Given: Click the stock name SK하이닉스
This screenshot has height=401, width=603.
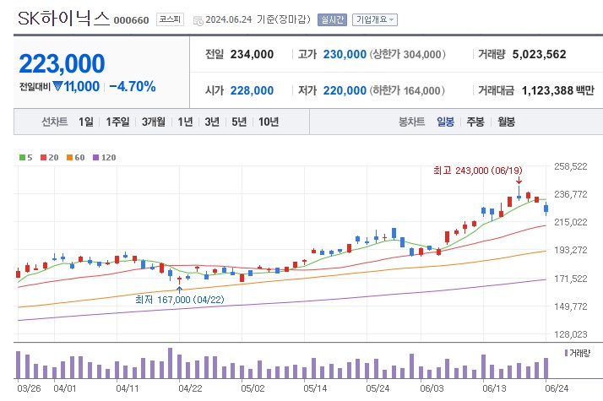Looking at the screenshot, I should click(x=62, y=18).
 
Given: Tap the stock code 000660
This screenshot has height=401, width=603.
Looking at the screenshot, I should click(x=131, y=20).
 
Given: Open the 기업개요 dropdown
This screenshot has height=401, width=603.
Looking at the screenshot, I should click(x=375, y=19).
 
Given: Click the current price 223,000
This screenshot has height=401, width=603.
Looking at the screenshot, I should click(x=62, y=63).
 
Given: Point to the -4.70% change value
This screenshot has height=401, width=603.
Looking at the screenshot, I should click(x=133, y=86).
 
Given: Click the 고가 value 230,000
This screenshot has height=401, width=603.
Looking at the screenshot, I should click(x=344, y=54).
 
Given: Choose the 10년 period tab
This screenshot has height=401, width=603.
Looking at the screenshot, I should click(x=269, y=122).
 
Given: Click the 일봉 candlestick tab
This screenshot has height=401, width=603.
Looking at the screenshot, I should click(x=445, y=122).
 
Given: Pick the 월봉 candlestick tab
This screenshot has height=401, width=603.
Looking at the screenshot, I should click(x=506, y=122).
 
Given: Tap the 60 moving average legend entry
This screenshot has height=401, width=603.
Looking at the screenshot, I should click(x=77, y=157).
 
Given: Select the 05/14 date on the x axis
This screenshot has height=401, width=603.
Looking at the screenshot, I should click(x=315, y=388).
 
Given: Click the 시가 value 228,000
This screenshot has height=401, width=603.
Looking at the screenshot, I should click(x=252, y=90).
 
